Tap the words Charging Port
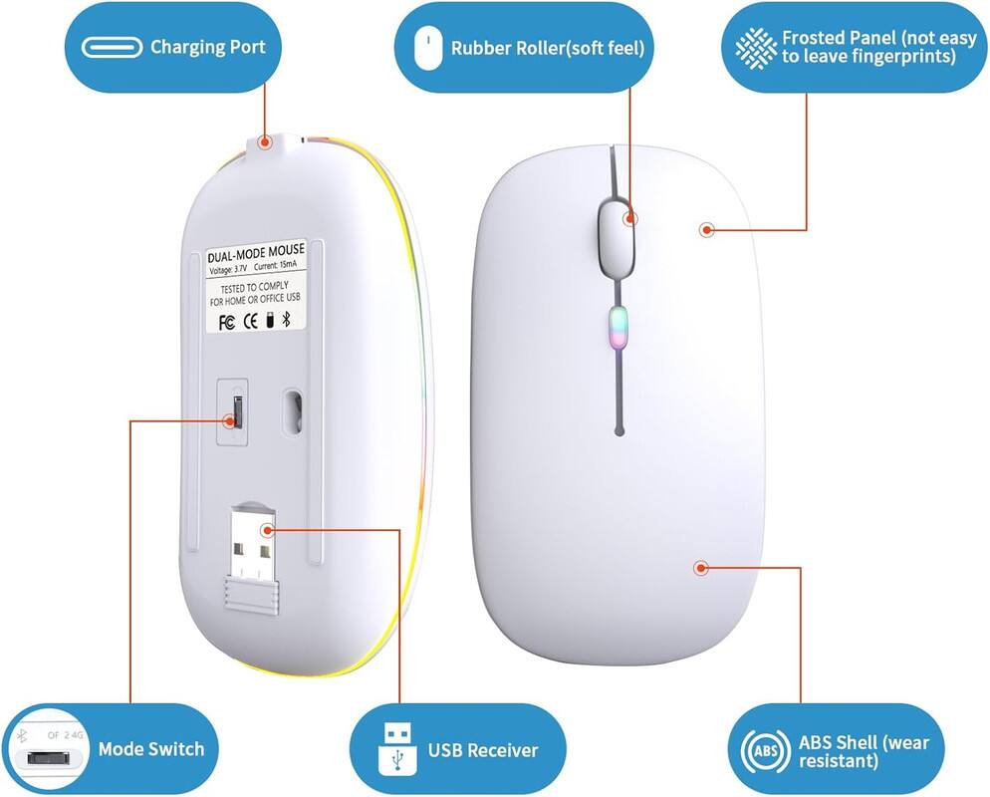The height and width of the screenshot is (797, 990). tap(207, 47)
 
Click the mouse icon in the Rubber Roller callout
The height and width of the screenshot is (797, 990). tap(428, 48)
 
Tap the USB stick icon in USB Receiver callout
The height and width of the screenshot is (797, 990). tap(394, 749)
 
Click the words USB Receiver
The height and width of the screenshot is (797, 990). tap(482, 750)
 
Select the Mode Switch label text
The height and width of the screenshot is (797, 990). tap(150, 749)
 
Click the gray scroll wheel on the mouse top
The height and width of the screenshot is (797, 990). tap(617, 234)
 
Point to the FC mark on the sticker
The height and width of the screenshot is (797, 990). tap(225, 322)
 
